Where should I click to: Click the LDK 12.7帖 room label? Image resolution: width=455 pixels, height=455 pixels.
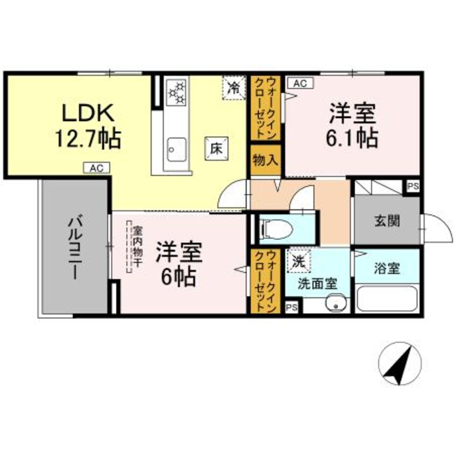pos(89,126)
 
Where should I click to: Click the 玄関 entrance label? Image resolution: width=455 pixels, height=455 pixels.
pos(387,221)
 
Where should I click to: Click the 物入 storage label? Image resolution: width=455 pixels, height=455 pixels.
pos(265,160)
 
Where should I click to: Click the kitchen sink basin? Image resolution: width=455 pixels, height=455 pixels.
pos(176,148)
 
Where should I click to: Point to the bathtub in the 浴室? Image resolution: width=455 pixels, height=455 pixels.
pos(388,298)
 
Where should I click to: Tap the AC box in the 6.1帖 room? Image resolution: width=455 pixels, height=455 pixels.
pos(299,83)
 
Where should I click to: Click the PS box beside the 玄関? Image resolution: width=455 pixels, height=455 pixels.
pos(413,187)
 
